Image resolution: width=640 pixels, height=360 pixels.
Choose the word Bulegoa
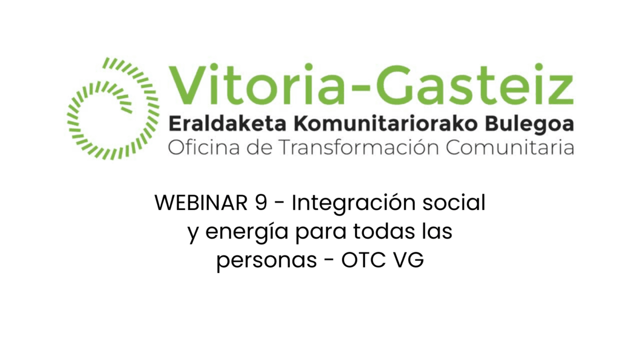[530, 124]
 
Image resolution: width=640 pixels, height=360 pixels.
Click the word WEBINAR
[201, 203]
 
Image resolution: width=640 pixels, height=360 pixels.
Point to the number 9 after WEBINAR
[262, 203]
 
